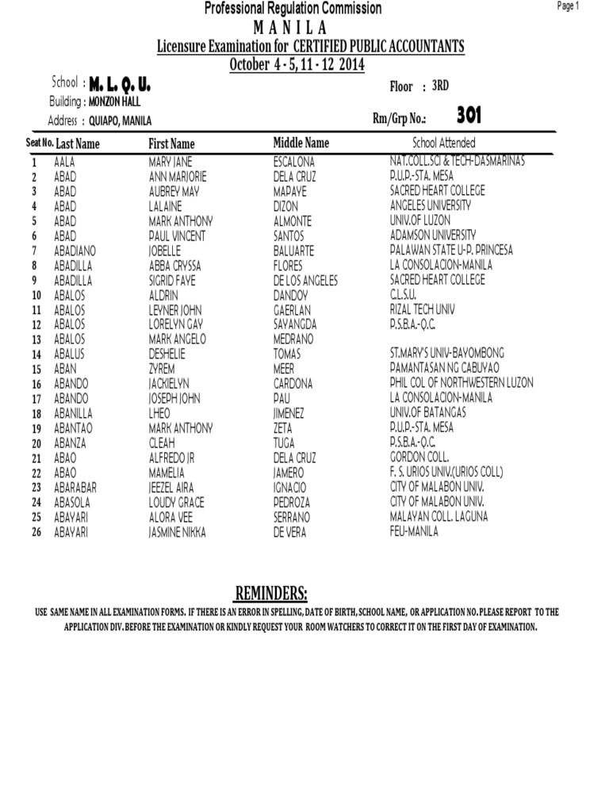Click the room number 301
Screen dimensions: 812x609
[469, 117]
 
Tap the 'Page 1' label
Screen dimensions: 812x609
[569, 6]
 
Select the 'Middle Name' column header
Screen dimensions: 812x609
[301, 143]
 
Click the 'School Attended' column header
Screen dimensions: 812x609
[444, 143]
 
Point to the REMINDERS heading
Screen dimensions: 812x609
[270, 595]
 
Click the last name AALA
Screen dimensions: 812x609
[64, 162]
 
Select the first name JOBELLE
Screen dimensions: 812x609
[165, 251]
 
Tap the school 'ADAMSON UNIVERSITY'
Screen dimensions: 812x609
[433, 236]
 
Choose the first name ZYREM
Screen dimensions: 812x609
[162, 370]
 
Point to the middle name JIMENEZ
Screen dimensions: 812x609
[289, 414]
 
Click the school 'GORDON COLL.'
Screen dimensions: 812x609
[419, 458]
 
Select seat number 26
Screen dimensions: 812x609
[35, 533]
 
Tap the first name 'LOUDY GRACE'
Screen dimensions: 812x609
[176, 503]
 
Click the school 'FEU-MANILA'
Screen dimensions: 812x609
[414, 532]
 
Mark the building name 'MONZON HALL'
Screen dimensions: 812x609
[115, 101]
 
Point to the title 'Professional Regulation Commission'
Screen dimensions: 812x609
[293, 9]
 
